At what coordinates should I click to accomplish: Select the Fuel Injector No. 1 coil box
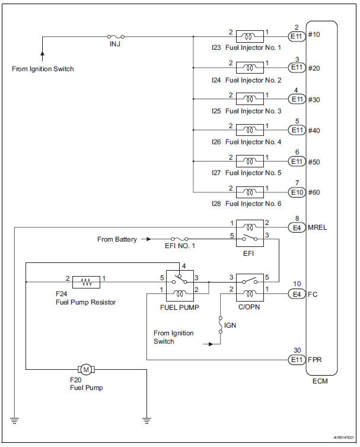pos(250,36)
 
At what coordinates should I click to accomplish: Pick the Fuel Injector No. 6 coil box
pos(250,192)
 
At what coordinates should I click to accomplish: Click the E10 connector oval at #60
pos(297,192)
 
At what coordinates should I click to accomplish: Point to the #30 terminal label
pos(314,100)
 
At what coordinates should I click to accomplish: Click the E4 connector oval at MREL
pos(297,227)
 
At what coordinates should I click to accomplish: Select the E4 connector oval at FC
pos(297,293)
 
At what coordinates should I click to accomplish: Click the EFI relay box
pos(250,233)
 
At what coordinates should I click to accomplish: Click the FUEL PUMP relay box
pos(179,286)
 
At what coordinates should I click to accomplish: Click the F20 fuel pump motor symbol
pos(86,370)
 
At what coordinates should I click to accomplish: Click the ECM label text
pos(320,381)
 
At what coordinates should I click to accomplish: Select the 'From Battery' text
pos(117,239)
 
